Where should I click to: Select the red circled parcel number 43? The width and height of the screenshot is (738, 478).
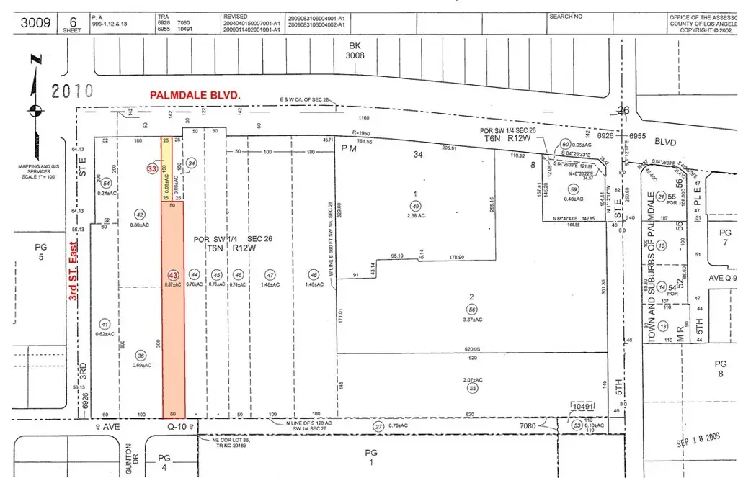[x=172, y=274]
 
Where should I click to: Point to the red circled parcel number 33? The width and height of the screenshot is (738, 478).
[x=152, y=168]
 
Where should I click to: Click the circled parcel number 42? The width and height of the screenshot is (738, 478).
[x=141, y=214]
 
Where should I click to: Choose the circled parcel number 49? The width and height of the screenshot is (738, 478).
[x=415, y=204]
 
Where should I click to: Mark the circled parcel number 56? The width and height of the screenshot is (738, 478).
[x=472, y=308]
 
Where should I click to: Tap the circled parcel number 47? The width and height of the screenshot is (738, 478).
[x=270, y=274]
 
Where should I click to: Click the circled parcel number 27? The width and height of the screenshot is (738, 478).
[x=377, y=426]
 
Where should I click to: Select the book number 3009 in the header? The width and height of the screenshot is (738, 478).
[x=35, y=23]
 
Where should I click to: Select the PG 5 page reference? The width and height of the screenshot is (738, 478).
[x=40, y=252]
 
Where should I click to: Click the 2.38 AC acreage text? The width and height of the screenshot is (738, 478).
[x=415, y=214]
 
